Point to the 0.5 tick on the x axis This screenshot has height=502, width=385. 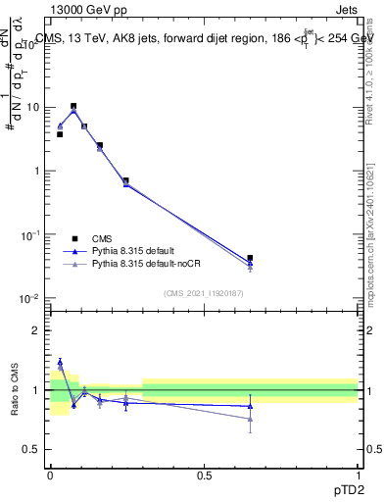[x=204, y=475]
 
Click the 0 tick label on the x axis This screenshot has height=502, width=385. [x=50, y=475]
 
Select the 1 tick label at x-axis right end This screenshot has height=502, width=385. [x=358, y=475]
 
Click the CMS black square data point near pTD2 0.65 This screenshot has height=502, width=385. [x=250, y=258]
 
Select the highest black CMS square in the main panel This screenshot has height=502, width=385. [x=73, y=106]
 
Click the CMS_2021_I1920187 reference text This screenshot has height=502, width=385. [x=203, y=293]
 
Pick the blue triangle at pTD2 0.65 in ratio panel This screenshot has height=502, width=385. [x=250, y=406]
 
